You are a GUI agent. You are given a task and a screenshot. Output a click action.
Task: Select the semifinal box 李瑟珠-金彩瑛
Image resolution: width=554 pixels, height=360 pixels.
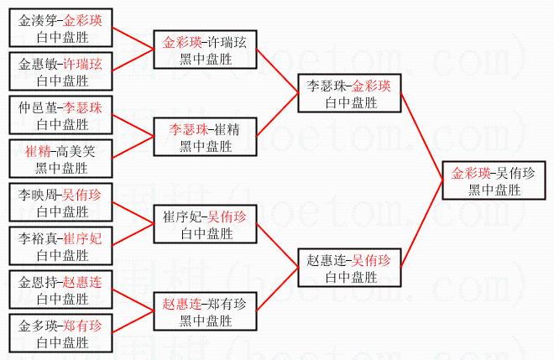pyautogui.click(x=349, y=93)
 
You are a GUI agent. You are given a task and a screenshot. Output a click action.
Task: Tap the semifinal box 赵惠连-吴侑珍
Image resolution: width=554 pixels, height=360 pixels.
pyautogui.click(x=349, y=269)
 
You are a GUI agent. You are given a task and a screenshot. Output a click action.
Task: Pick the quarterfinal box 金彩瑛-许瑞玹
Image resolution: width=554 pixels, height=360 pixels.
pyautogui.click(x=205, y=50)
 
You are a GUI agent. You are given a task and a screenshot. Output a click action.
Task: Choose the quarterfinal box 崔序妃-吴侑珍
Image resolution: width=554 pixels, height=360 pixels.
pyautogui.click(x=205, y=224)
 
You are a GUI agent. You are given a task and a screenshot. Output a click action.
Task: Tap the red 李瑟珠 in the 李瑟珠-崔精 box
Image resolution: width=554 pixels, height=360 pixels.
pyautogui.click(x=187, y=129)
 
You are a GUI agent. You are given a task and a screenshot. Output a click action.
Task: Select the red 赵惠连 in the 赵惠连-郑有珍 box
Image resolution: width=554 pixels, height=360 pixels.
pyautogui.click(x=184, y=304)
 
